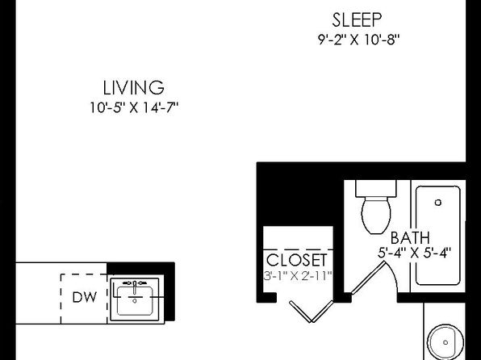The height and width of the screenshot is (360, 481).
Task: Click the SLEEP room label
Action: (x=357, y=19)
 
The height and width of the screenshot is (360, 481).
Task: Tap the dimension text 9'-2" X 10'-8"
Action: (x=358, y=40)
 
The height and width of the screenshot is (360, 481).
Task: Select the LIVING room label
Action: (x=133, y=87)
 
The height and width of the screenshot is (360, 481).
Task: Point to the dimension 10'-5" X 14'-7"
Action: (x=134, y=107)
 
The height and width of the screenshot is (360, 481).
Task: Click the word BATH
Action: (x=410, y=238)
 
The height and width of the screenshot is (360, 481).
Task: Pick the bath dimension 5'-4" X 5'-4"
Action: (x=414, y=253)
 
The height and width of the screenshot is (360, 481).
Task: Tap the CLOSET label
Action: (x=297, y=260)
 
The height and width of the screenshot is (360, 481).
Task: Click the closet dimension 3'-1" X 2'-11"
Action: (x=298, y=275)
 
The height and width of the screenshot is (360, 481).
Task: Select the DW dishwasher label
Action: (x=85, y=297)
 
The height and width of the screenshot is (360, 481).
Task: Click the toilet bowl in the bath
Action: (x=376, y=216)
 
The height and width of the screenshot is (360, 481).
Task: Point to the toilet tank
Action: (x=376, y=188)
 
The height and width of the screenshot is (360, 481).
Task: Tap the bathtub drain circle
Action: (x=438, y=203)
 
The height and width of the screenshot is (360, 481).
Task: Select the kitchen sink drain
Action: (x=134, y=301)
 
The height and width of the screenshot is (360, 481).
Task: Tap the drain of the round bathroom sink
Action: (x=445, y=342)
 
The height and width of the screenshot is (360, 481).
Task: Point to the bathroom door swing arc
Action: (x=394, y=274)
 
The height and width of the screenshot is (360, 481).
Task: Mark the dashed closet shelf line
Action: (x=298, y=249)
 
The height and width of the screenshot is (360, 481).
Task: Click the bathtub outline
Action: (x=416, y=235)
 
